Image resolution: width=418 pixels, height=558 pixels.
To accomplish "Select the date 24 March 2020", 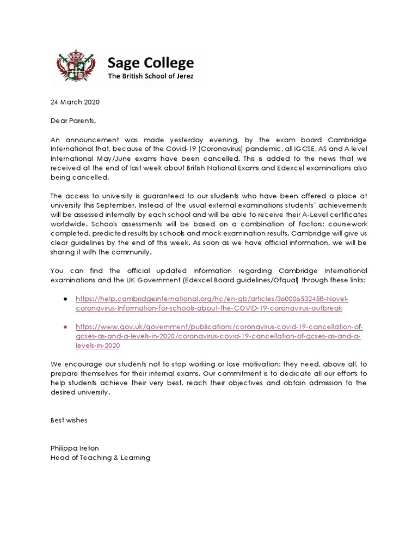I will click(x=75, y=102).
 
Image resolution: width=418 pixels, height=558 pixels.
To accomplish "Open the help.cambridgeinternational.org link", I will click(x=211, y=304).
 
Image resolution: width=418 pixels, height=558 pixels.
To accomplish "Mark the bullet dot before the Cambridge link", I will click(x=66, y=300).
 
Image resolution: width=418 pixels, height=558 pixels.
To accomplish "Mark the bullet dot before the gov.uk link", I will click(x=66, y=327).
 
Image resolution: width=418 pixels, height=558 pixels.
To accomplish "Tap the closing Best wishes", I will click(x=69, y=421).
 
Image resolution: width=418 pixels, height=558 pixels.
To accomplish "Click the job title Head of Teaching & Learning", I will click(x=100, y=458).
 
